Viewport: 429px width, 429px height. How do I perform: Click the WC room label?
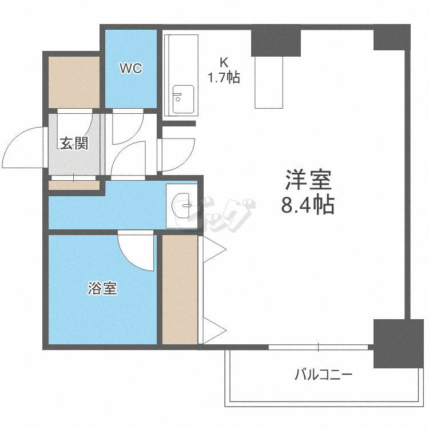131,69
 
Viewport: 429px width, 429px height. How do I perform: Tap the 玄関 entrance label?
74,143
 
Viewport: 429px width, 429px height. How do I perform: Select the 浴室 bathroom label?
102,288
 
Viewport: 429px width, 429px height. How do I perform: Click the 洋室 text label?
308,180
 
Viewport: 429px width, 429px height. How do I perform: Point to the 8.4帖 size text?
308,204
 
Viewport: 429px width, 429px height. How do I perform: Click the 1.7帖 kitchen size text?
224,77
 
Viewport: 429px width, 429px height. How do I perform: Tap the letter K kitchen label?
224,63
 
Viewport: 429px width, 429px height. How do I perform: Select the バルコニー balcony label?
323,374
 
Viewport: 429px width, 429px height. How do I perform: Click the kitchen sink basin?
183,99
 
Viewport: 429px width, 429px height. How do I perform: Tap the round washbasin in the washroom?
181,206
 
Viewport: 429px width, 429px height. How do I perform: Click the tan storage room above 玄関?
74,82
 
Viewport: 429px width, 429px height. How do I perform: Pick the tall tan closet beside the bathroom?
180,289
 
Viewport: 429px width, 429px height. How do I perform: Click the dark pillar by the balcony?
398,343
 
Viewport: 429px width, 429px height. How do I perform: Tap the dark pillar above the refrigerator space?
276,41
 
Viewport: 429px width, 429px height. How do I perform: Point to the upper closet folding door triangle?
214,249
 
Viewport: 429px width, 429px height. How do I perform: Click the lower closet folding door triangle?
214,330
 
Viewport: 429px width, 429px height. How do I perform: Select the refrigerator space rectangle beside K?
269,82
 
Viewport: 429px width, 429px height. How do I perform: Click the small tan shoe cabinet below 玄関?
74,185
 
